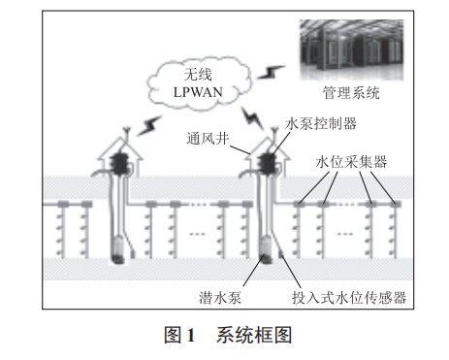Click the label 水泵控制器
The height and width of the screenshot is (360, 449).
tap(321, 123)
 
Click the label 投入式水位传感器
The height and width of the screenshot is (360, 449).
tap(348, 295)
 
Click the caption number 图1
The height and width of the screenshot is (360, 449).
tap(181, 335)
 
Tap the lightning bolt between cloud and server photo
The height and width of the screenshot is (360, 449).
tap(275, 72)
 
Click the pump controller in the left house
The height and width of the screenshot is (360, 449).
tap(123, 160)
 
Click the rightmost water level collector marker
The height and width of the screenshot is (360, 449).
tap(394, 203)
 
